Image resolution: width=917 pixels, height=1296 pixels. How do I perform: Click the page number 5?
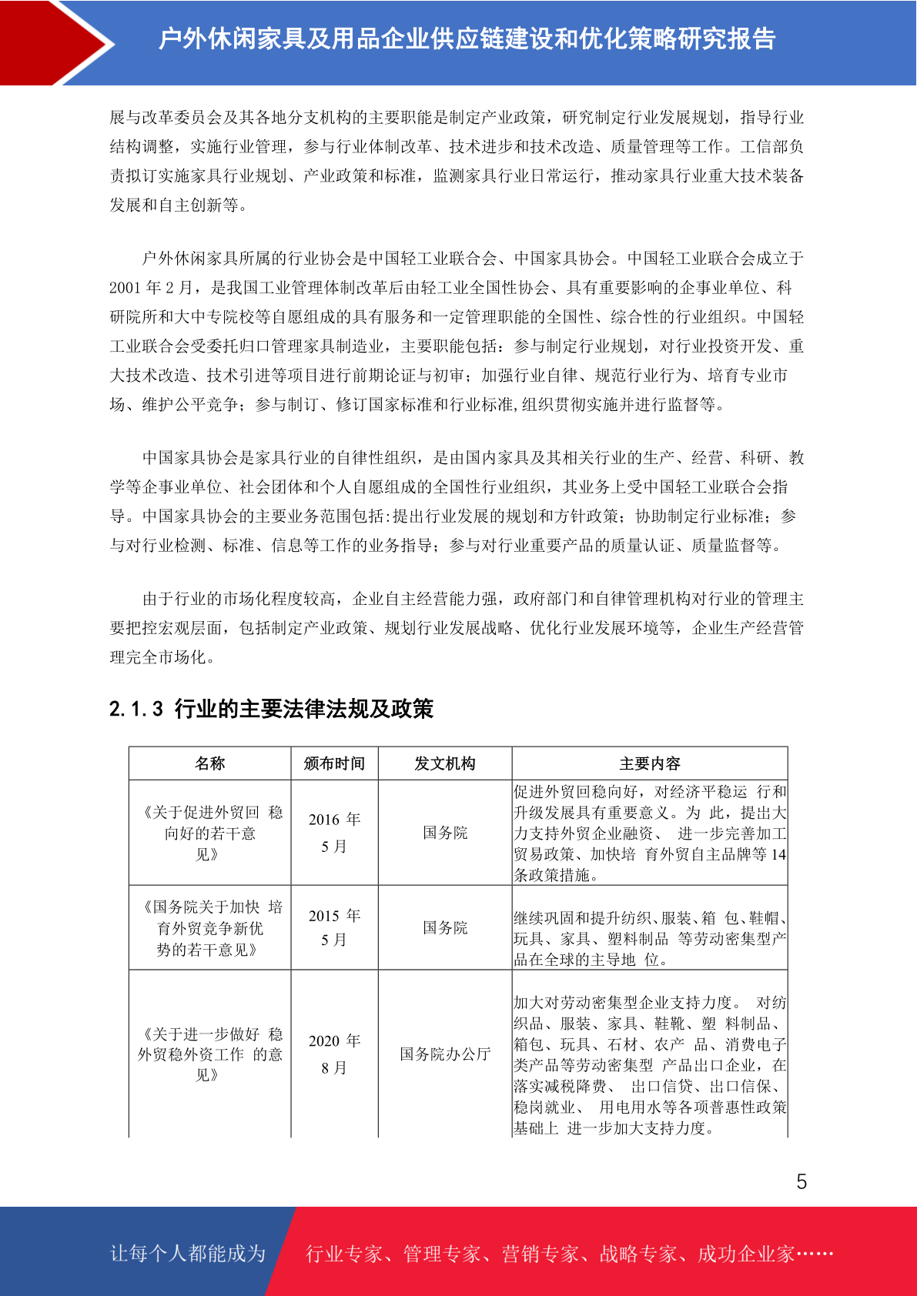pyautogui.click(x=802, y=1181)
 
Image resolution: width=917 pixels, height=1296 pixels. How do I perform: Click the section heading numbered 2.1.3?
pyautogui.click(x=271, y=709)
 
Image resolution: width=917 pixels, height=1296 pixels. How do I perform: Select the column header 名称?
pyautogui.click(x=209, y=763)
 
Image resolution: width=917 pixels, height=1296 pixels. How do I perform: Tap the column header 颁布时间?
pyautogui.click(x=334, y=763)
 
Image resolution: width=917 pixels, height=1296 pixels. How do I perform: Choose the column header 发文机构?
pyautogui.click(x=445, y=763)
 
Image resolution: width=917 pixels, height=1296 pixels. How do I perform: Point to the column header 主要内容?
pyautogui.click(x=650, y=763)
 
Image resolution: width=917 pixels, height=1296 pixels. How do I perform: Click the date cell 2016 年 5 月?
pyautogui.click(x=334, y=833)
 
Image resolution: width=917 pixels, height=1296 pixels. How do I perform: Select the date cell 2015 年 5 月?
pyautogui.click(x=334, y=927)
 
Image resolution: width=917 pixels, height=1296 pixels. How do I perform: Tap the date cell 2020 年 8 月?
pyautogui.click(x=334, y=1054)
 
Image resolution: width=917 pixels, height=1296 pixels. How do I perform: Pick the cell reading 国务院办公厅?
pyautogui.click(x=445, y=1054)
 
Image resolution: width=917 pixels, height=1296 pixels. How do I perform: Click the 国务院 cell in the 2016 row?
pyautogui.click(x=445, y=833)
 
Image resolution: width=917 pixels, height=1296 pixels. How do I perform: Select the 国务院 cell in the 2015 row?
pyautogui.click(x=445, y=927)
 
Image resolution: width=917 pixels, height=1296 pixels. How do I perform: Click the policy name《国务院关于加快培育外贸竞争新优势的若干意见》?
pyautogui.click(x=209, y=928)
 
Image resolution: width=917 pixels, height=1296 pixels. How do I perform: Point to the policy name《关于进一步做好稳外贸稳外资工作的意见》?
pyautogui.click(x=209, y=1054)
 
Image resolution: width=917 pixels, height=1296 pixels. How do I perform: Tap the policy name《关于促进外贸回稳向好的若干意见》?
pyautogui.click(x=209, y=833)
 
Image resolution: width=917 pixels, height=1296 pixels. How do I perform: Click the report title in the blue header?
pyautogui.click(x=467, y=38)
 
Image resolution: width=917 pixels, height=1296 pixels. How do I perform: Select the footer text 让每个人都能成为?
pyautogui.click(x=188, y=1254)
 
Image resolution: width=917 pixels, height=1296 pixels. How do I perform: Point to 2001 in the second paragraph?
pyautogui.click(x=125, y=288)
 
